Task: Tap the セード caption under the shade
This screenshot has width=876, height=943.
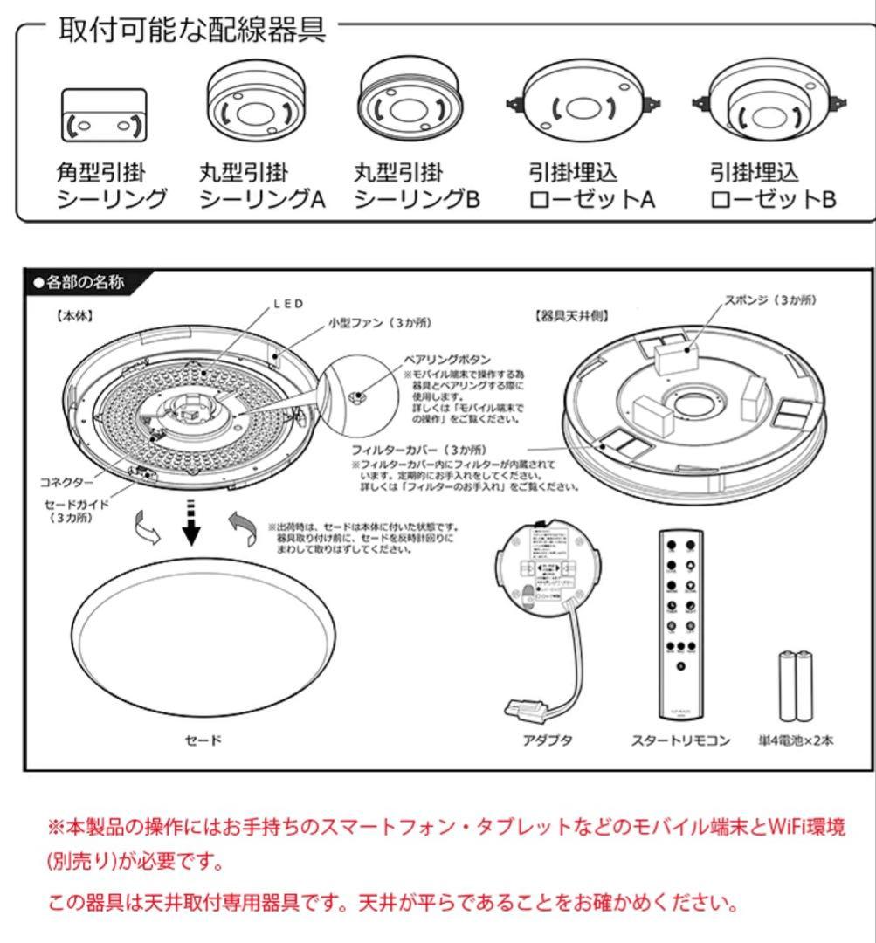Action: [x=203, y=740]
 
